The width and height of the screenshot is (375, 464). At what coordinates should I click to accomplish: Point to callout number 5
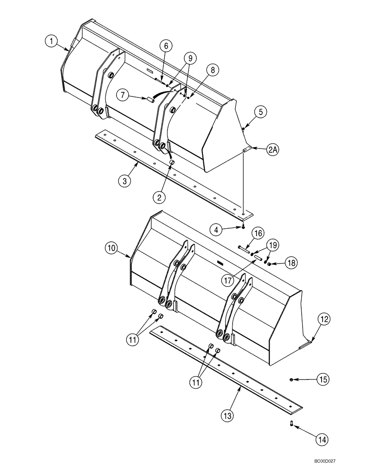pyautogui.click(x=261, y=111)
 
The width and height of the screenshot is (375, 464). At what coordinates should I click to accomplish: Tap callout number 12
pyautogui.click(x=324, y=319)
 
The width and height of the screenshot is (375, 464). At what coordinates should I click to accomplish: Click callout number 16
pyautogui.click(x=258, y=233)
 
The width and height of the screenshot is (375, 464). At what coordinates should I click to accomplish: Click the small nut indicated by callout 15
pyautogui.click(x=291, y=380)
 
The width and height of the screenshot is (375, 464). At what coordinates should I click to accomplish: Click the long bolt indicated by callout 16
pyautogui.click(x=243, y=249)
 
